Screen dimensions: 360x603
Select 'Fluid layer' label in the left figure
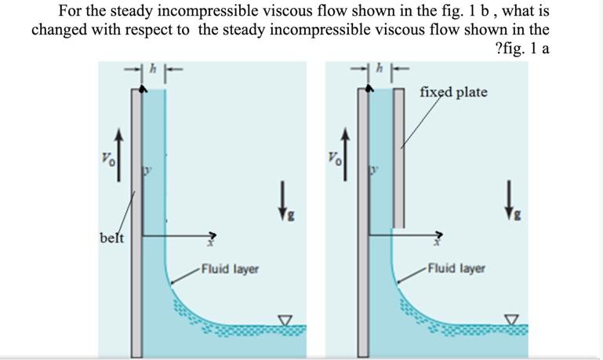point(230,270)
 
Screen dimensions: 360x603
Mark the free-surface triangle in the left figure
point(285,320)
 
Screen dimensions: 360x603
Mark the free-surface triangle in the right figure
point(513,320)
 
